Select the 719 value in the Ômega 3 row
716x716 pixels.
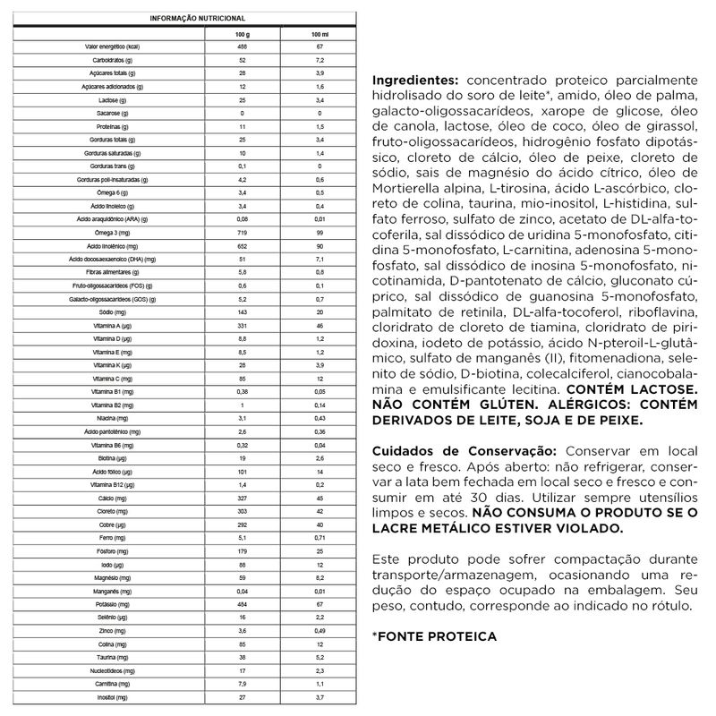point(243,233)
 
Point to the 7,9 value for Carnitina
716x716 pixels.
point(243,682)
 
